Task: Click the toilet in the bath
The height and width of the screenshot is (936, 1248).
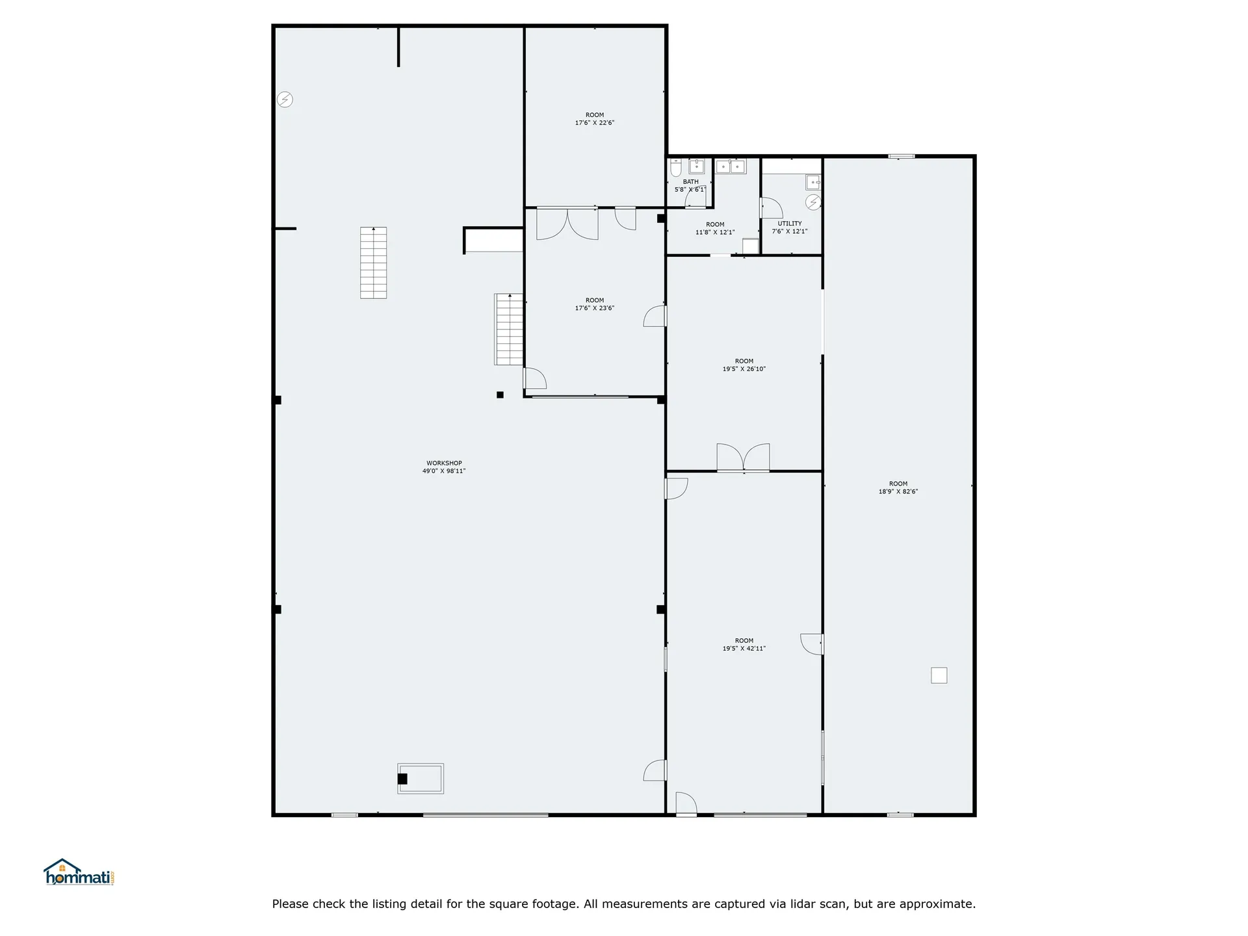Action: tap(676, 168)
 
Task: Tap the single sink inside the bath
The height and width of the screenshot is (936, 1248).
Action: tap(697, 166)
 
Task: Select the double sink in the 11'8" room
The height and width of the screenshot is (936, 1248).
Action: tap(731, 166)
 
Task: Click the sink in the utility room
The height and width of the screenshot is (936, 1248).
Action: tap(814, 181)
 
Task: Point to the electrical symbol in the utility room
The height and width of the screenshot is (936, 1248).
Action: tap(813, 202)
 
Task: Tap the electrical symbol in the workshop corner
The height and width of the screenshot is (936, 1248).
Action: tap(285, 99)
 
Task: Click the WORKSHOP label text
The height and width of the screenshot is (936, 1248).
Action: tap(444, 463)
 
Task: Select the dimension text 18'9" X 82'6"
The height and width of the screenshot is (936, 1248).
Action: tap(898, 492)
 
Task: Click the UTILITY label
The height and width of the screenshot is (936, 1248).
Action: tap(790, 224)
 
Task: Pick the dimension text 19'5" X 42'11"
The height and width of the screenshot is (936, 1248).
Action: tap(744, 649)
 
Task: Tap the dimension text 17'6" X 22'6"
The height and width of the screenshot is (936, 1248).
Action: tap(595, 123)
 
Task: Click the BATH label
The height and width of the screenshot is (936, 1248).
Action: tap(691, 182)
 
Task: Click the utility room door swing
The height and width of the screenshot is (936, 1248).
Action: tap(772, 208)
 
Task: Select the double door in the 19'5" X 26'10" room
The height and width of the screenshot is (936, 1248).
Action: tap(743, 457)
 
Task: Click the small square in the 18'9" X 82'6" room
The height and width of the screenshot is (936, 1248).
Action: tap(939, 675)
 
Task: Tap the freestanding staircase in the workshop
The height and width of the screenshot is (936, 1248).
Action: tap(374, 263)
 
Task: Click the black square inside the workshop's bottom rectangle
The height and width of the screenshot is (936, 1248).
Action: tap(402, 779)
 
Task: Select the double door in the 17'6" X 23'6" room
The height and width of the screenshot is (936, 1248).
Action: tap(567, 224)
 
